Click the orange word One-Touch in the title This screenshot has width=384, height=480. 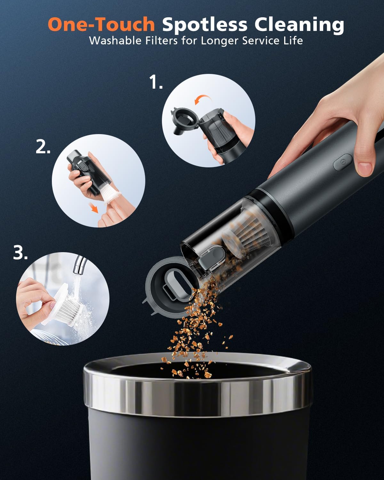pyautogui.click(x=101, y=24)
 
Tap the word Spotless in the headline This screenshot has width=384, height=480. pyautogui.click(x=205, y=25)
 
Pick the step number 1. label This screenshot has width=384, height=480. pyautogui.click(x=156, y=83)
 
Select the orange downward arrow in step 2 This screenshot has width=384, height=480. pyautogui.click(x=94, y=209)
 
